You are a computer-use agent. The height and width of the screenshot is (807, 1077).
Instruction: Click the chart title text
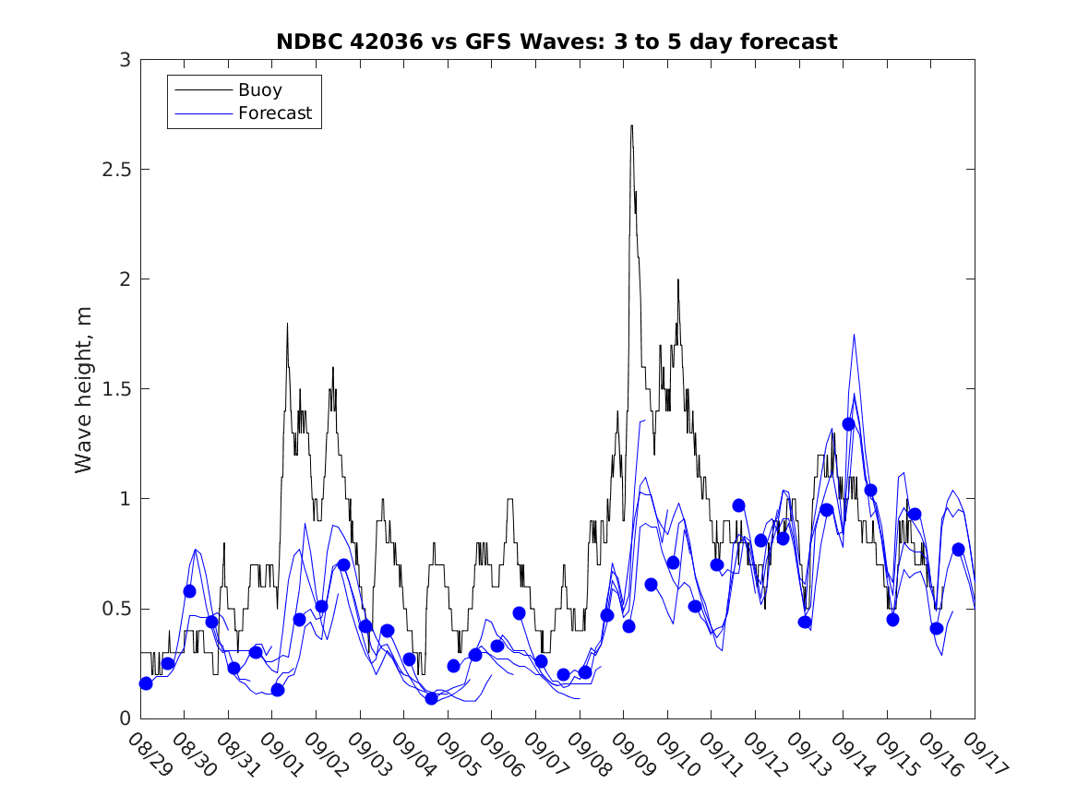tap(556, 42)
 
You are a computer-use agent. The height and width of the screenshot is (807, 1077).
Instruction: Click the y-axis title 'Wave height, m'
tap(84, 389)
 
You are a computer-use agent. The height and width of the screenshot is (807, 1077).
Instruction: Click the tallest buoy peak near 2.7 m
tap(631, 126)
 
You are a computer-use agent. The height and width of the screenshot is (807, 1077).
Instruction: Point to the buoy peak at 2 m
tap(677, 279)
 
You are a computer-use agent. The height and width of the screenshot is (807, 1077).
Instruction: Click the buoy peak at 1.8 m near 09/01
tap(287, 324)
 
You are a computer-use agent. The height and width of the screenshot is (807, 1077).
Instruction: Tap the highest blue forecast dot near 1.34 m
tap(848, 424)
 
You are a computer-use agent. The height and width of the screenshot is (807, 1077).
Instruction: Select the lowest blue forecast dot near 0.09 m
tap(431, 698)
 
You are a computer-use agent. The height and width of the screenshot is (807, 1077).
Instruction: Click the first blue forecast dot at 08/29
tap(146, 683)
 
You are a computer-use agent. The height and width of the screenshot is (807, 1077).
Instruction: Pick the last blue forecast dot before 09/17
tap(958, 550)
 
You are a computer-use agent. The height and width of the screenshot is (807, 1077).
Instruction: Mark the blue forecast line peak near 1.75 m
tap(854, 335)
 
